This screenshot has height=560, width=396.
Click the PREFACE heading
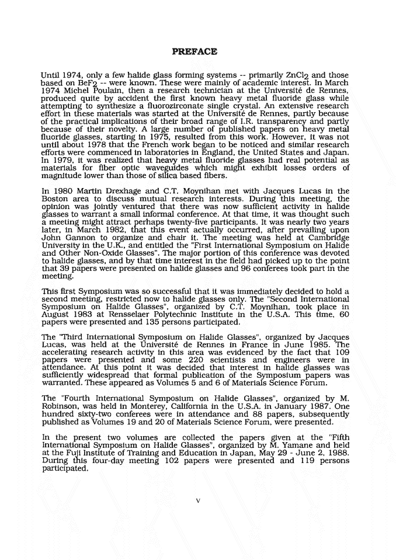click(x=196, y=51)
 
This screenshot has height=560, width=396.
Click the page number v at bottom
click(x=198, y=500)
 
